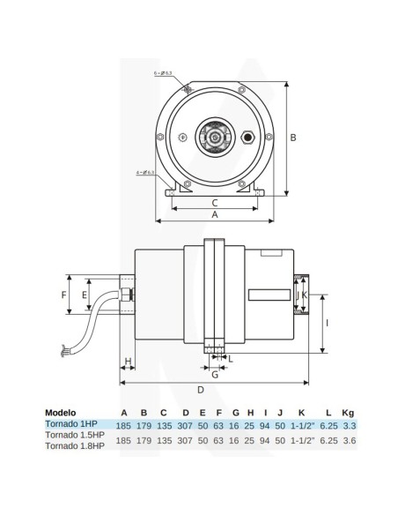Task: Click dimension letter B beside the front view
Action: tap(295, 138)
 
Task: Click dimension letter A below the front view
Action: tap(214, 214)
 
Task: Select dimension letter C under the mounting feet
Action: tap(214, 201)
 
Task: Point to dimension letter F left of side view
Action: tap(65, 294)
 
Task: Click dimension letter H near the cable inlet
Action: tap(128, 362)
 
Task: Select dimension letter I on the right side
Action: tap(328, 325)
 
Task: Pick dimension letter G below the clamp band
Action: tap(213, 374)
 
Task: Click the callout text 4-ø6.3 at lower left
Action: tap(146, 171)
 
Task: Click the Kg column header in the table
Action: tap(348, 412)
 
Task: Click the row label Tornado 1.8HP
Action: tap(74, 445)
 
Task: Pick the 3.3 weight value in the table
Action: tap(349, 424)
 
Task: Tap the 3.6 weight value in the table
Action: tap(349, 439)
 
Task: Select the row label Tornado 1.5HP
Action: tap(74, 435)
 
